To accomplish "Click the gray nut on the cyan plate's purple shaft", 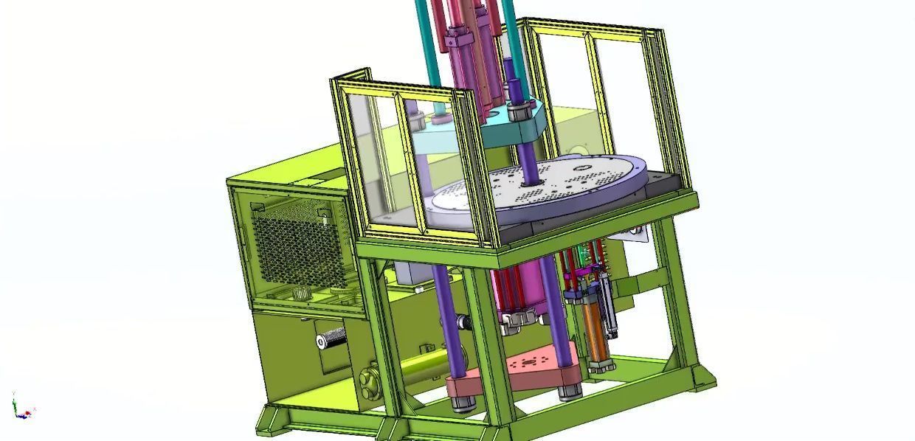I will click(520, 110).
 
